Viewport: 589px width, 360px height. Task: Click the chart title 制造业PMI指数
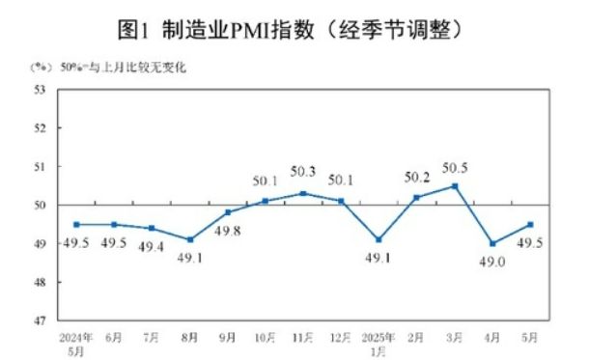(294, 30)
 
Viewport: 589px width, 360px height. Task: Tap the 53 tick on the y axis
(41, 89)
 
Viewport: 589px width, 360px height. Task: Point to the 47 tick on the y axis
(41, 320)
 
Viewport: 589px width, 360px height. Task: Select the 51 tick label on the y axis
(41, 166)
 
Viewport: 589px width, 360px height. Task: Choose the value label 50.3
(303, 172)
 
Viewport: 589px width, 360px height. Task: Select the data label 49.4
(153, 246)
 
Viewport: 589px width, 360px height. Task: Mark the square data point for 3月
(454, 186)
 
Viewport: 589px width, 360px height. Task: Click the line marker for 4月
(491, 243)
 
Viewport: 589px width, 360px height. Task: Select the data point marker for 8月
(190, 239)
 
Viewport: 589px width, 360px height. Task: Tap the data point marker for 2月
(416, 197)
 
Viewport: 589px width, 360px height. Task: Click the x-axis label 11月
(303, 337)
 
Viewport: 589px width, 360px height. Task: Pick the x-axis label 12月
(341, 337)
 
